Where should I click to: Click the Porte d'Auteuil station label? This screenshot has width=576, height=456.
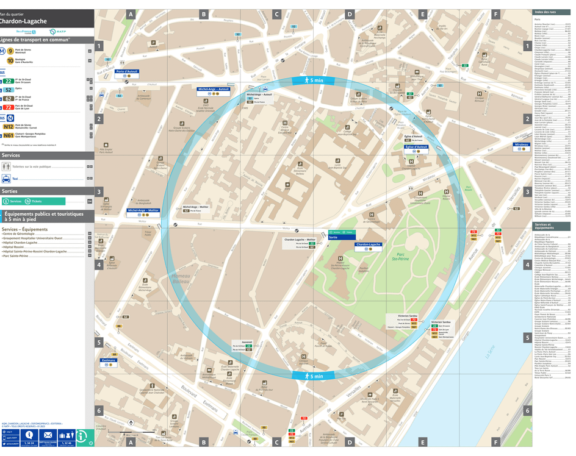[x=127, y=71]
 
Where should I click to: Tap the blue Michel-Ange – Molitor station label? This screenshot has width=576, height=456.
[x=143, y=210]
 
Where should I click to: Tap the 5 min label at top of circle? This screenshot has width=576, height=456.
[x=312, y=80]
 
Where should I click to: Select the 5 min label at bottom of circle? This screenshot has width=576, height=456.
[x=312, y=376]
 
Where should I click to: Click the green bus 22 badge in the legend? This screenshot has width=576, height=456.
[x=9, y=80]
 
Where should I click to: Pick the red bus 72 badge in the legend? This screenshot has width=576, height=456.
[x=9, y=107]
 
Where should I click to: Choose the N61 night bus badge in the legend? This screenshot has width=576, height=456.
[x=9, y=136]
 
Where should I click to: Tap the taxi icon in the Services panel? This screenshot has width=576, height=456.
[x=6, y=179]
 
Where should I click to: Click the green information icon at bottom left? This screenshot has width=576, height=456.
[x=82, y=435]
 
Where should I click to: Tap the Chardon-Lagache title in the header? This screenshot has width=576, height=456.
[x=24, y=21]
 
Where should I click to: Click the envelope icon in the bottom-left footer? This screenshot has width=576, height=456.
[x=48, y=435]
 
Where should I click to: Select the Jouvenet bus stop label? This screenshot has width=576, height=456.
[x=247, y=342]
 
